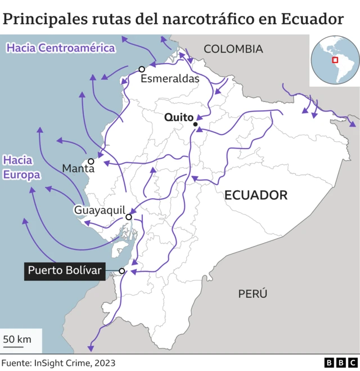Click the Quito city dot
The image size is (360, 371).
point(195,124)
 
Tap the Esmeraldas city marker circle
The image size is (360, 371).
point(142,69)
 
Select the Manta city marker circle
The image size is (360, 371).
point(91,161)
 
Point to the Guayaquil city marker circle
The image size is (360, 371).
point(129,217)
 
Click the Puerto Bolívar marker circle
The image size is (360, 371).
point(122,271)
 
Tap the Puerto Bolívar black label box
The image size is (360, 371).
point(65,271)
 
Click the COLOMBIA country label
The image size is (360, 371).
point(233,50)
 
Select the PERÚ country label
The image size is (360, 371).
point(252,293)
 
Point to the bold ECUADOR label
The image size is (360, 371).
point(256,195)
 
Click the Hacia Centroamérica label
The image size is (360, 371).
point(60,48)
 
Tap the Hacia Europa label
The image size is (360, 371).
point(21,167)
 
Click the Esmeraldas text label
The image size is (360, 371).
point(170,79)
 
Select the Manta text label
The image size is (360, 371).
point(78,168)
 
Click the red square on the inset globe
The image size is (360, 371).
point(335,60)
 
